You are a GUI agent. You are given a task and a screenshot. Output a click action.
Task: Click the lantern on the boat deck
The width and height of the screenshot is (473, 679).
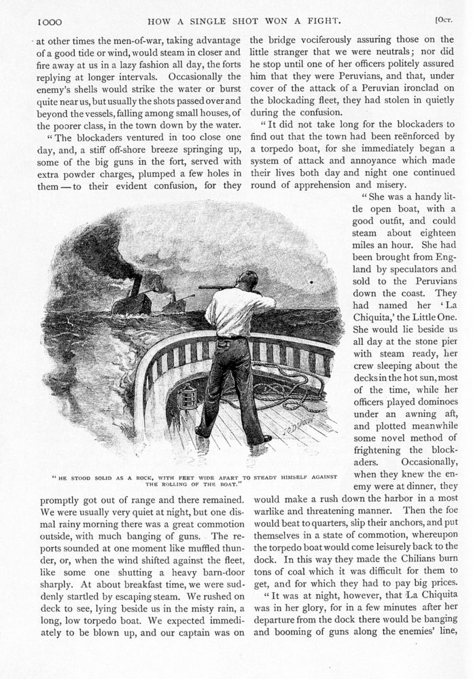click(187, 397)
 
